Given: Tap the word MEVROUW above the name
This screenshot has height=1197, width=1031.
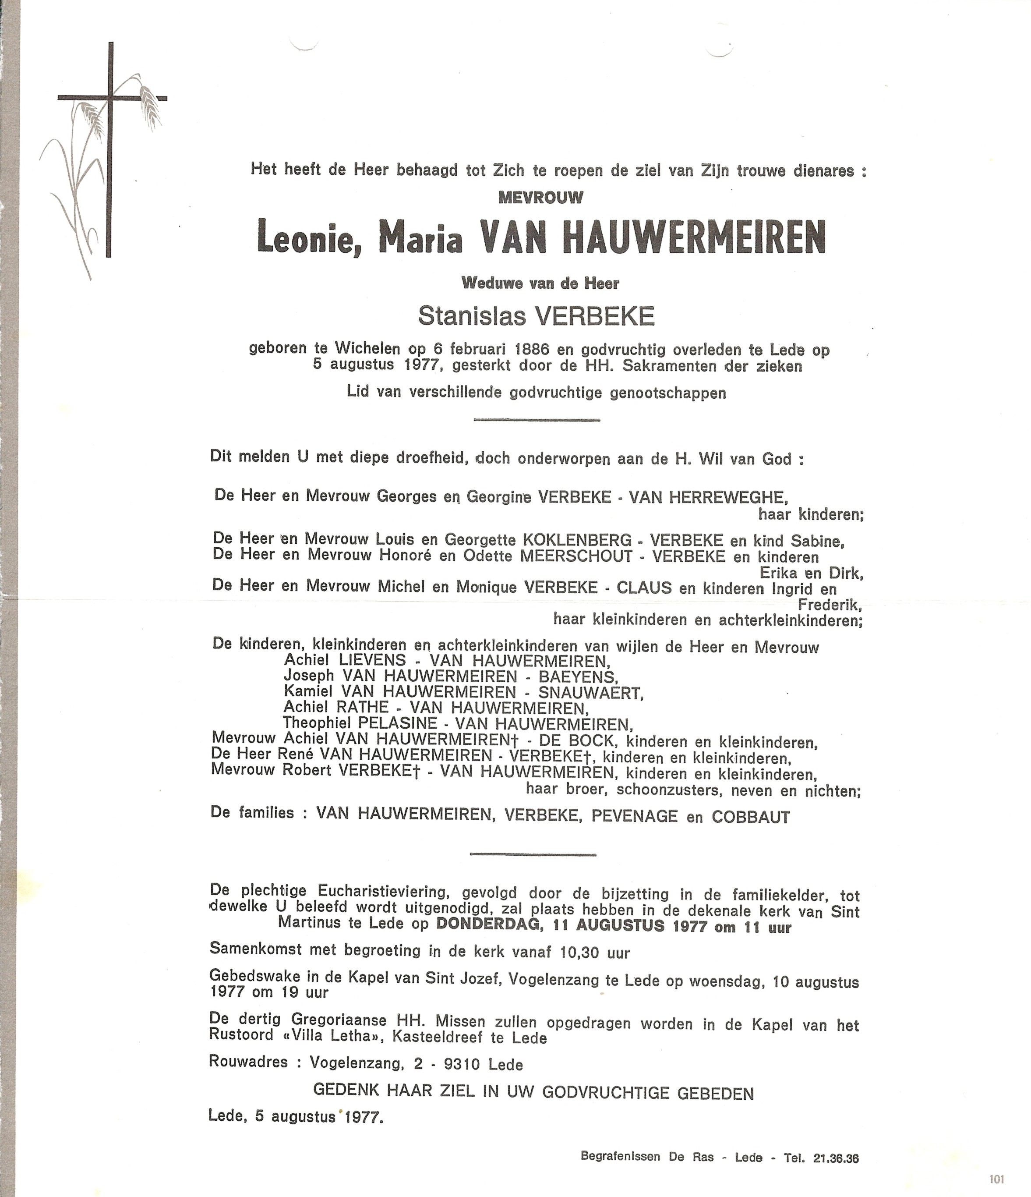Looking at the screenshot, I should click(540, 198).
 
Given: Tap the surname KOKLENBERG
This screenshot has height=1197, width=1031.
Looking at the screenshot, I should click(576, 540).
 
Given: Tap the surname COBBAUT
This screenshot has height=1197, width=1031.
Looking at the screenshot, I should click(750, 817).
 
